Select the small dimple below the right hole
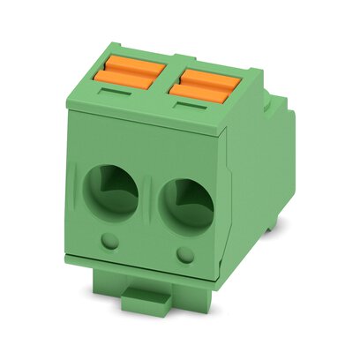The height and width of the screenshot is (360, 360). click(x=184, y=256)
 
